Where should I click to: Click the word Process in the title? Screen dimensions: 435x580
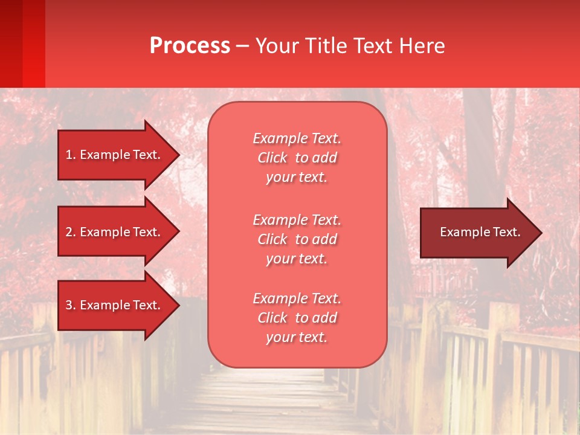(190, 46)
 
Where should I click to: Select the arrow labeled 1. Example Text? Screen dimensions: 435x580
(115, 155)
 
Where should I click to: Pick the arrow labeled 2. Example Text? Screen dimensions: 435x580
(115, 232)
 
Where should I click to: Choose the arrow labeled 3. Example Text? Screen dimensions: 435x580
(115, 305)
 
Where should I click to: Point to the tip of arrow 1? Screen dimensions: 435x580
(178, 155)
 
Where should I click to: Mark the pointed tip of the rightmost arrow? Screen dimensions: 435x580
(541, 233)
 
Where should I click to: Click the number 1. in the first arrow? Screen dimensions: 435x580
(71, 155)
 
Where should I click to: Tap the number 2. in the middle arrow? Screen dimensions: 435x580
(71, 232)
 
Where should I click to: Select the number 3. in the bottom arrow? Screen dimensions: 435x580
(71, 305)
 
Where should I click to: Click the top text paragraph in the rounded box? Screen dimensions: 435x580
(297, 158)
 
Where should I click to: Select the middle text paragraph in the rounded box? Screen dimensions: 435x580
(297, 239)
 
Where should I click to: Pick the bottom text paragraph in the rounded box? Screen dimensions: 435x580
(297, 318)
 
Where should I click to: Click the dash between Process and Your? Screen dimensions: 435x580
(242, 47)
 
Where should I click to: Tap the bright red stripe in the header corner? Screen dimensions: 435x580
(34, 43)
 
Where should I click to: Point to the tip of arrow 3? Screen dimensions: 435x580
(178, 305)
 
